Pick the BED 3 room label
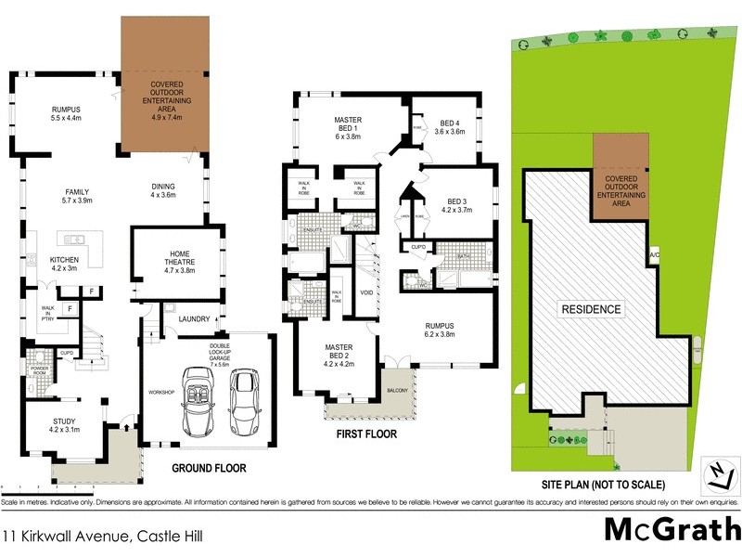[x=459, y=206]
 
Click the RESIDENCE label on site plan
[x=590, y=308]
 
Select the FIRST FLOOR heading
[x=365, y=434]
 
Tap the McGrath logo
[x=672, y=529]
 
